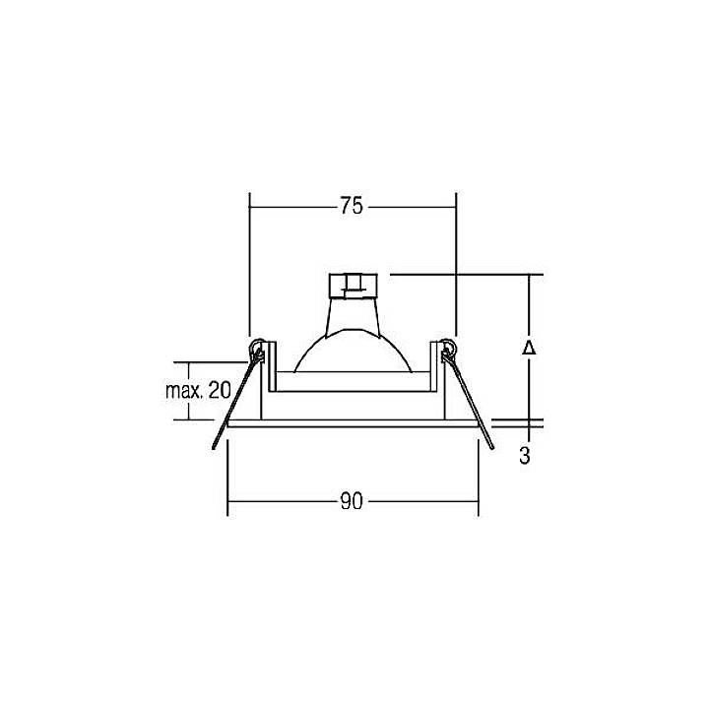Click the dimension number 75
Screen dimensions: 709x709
(352, 206)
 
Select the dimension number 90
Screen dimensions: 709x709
(352, 502)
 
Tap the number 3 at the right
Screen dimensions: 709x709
(526, 456)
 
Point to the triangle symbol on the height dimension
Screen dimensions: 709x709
(529, 349)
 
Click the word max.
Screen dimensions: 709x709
(183, 391)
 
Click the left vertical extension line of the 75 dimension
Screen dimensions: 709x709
(249, 266)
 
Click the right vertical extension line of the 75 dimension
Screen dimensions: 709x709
(456, 266)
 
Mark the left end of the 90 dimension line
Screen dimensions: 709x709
(228, 502)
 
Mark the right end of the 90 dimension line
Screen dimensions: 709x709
(479, 502)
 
